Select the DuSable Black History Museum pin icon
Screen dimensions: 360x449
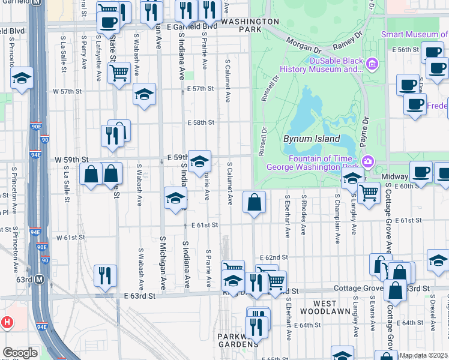(372, 64)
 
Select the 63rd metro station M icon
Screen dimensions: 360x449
(40, 279)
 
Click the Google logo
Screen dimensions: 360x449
(20, 353)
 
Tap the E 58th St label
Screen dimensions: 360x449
(200, 122)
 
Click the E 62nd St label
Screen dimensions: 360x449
(276, 257)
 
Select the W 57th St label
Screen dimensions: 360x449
(67, 91)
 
